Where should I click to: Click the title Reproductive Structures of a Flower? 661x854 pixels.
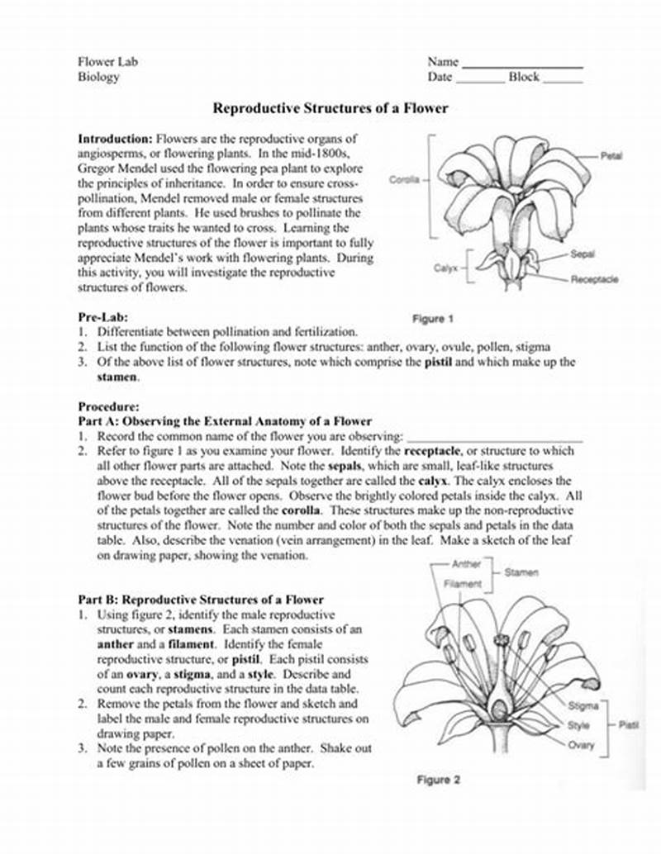coord(330,108)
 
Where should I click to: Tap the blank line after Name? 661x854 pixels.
coord(522,64)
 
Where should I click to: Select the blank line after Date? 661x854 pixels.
coord(480,81)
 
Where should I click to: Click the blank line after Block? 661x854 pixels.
coord(563,81)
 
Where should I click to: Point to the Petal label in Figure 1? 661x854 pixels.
coord(611,155)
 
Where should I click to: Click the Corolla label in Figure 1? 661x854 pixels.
coord(404,179)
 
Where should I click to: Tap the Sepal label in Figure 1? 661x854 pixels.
coord(583,254)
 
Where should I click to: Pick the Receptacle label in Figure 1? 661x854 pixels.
coord(594,279)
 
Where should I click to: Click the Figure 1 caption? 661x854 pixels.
coord(433,319)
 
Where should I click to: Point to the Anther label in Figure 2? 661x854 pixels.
coord(466,564)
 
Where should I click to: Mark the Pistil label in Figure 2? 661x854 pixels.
coord(629,725)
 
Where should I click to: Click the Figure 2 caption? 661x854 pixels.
coord(438,780)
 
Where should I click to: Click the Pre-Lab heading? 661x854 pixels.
coord(102,316)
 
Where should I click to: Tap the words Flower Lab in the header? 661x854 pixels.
coord(107,62)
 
